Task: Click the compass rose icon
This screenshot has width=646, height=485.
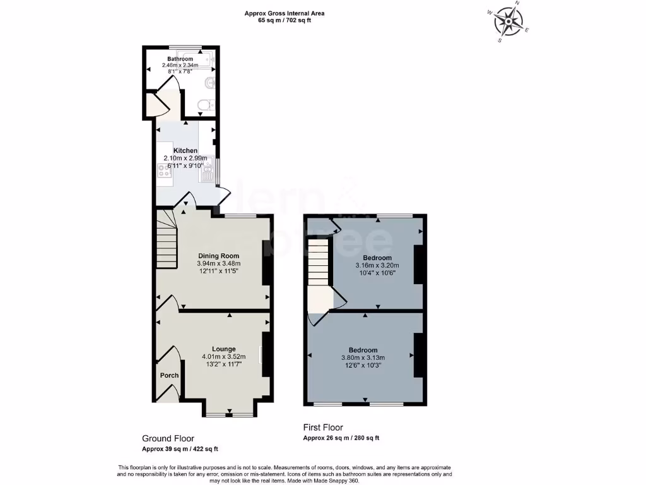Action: coord(508,23)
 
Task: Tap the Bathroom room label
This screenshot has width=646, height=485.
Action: coord(180,59)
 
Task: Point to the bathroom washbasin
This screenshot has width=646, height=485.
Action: coord(209,84)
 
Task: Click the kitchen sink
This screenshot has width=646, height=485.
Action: coord(208,172)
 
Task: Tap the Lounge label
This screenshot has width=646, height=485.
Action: coord(223,349)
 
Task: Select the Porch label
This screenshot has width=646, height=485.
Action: coord(169,375)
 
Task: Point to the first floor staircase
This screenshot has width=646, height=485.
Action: coord(319,268)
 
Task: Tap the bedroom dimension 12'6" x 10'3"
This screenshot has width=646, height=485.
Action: coord(363,365)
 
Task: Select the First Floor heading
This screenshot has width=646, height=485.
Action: coord(323,428)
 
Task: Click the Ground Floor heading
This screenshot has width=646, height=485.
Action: coord(167,438)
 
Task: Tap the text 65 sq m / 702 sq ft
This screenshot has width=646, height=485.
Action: coord(285,20)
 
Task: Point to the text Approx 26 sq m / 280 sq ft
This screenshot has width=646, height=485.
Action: coord(341,438)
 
